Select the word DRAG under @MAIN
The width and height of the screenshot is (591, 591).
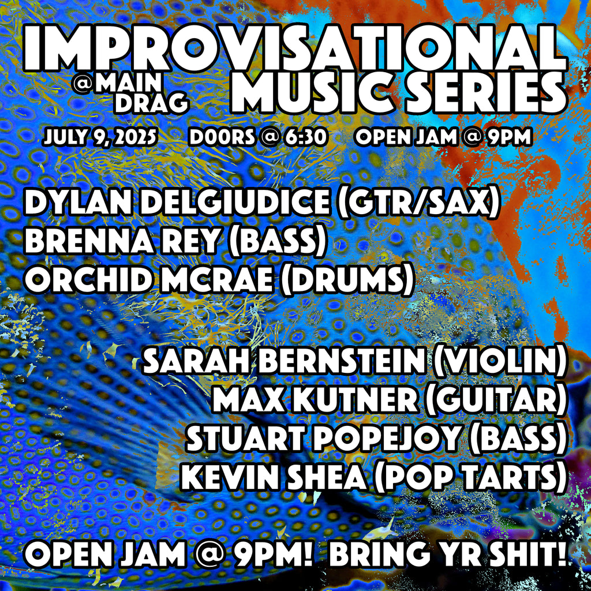(151, 103)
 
